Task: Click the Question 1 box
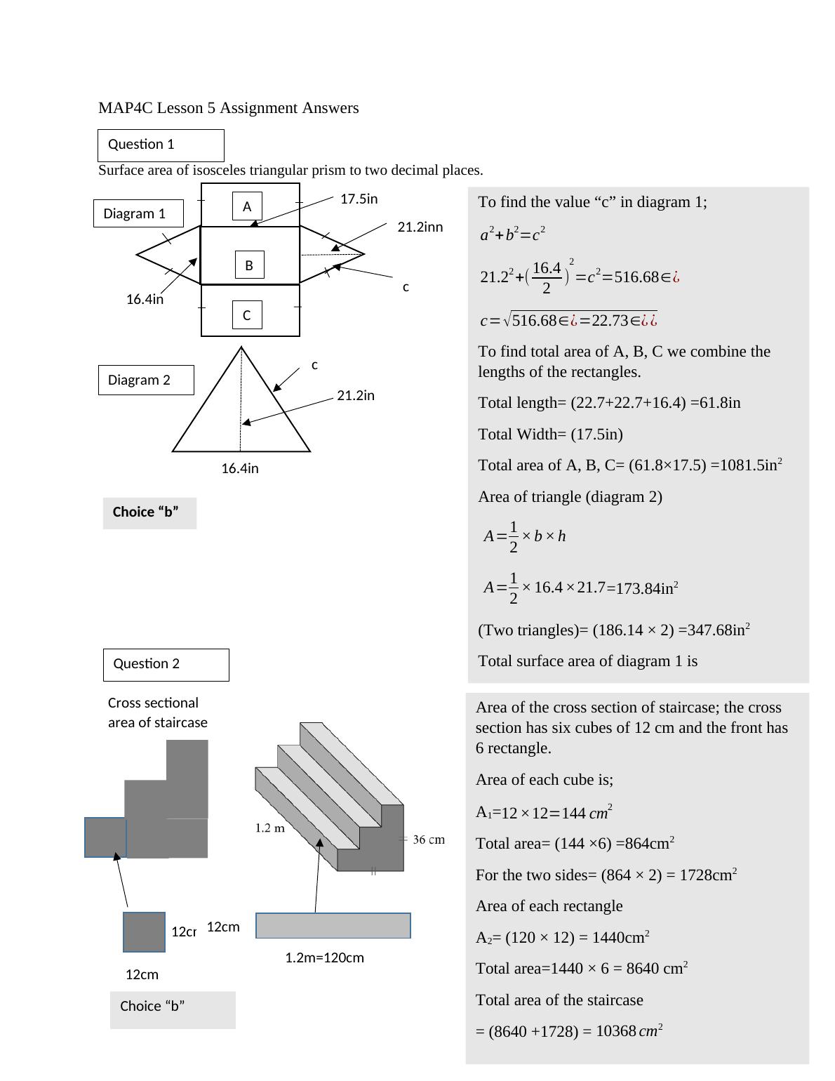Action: coord(161,145)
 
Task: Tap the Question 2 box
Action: coord(166,665)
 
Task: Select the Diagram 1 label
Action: coord(138,213)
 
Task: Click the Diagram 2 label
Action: coord(145,380)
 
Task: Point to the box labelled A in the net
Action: coord(247,206)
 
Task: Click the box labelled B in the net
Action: coord(249,265)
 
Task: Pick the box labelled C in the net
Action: coord(247,315)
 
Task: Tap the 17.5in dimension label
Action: coord(359,199)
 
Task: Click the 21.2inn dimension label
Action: coord(420,227)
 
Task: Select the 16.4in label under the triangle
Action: coord(240,469)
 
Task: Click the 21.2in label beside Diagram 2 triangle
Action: coord(356,396)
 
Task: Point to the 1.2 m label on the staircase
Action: coord(269,828)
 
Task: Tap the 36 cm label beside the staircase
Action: coord(429,840)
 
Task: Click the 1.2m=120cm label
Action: coord(324,958)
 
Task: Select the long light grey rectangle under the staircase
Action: coord(333,926)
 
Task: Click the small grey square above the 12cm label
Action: coord(144,932)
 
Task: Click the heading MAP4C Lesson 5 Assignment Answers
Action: coord(229,108)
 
